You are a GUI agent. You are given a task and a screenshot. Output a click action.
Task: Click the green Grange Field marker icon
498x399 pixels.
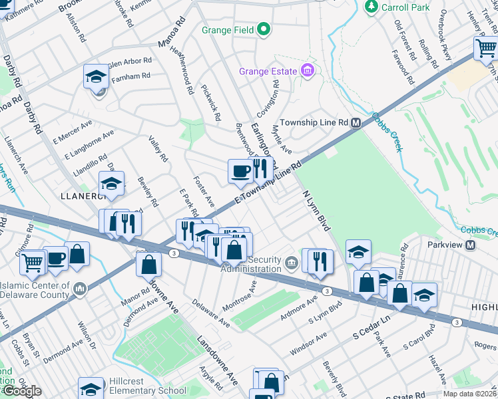[x=264, y=29]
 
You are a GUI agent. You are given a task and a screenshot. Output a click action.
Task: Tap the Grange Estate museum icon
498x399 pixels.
[x=307, y=70]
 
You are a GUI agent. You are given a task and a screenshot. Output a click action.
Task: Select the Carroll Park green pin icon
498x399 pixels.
[x=371, y=7]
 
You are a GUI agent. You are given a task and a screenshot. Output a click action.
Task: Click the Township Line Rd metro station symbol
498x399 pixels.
[x=356, y=123]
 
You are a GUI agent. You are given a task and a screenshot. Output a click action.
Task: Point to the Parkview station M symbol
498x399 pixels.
[x=470, y=245]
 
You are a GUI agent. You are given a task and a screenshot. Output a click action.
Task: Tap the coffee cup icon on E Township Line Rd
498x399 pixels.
[x=240, y=172]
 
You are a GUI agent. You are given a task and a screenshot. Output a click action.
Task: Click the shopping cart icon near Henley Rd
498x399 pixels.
[x=485, y=49]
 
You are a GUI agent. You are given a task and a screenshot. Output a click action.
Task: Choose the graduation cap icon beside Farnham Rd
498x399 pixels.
[x=96, y=77]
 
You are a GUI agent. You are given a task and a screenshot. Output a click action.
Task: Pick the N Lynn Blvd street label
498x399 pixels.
[x=316, y=211]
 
